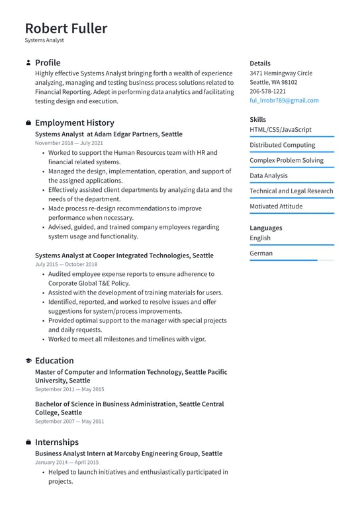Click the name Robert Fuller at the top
tap(66, 28)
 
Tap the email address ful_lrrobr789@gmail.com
tap(284, 101)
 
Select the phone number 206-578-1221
tap(267, 91)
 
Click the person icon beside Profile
tap(28, 63)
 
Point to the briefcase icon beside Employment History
tap(28, 123)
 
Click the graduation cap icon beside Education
tap(28, 361)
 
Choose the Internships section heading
tap(56, 441)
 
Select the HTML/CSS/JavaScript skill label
tap(280, 130)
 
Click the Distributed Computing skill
tap(282, 145)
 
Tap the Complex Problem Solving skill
tap(287, 160)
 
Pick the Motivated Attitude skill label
tap(276, 206)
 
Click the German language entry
tap(261, 253)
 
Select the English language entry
tap(260, 238)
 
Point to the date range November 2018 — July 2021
tap(69, 143)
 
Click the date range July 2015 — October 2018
tap(66, 264)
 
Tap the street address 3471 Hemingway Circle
tap(281, 73)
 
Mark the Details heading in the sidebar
tap(260, 63)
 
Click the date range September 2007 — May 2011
tap(69, 421)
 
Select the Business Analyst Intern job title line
tap(128, 453)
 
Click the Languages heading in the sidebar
tap(265, 228)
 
